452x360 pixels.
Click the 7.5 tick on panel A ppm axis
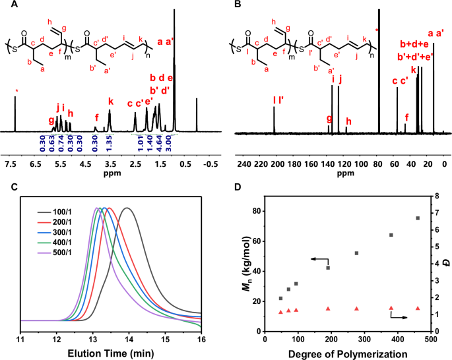pyautogui.click(x=10, y=164)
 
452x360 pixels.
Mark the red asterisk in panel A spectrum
pyautogui.click(x=15, y=90)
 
